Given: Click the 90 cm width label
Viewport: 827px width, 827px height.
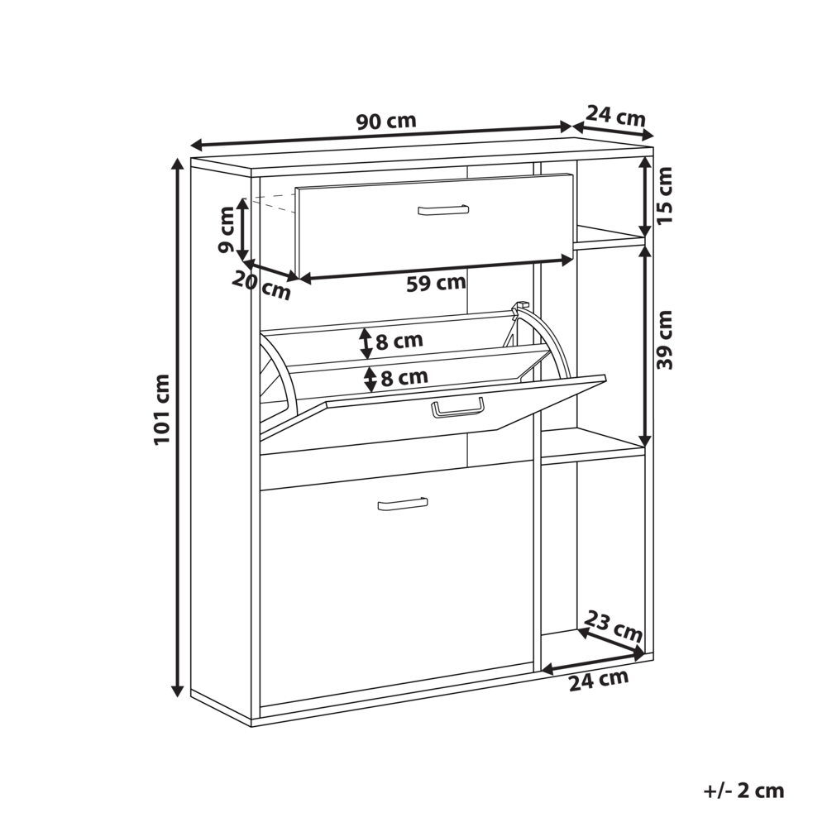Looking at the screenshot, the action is click(x=386, y=122).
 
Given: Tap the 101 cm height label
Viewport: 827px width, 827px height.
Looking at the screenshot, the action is click(x=162, y=409).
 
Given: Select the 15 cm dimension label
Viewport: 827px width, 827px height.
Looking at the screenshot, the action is click(x=665, y=195).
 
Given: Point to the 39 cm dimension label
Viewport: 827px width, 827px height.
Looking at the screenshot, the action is click(x=665, y=340).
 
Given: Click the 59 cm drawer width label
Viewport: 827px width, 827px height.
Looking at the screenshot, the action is click(x=436, y=283).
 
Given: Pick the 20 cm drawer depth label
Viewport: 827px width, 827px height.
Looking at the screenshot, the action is click(x=261, y=285).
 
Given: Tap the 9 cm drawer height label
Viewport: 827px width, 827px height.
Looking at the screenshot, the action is click(x=226, y=229).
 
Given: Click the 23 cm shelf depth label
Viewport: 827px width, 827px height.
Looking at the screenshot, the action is click(x=614, y=625).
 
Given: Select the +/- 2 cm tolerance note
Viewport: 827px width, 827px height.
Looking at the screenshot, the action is click(x=744, y=791).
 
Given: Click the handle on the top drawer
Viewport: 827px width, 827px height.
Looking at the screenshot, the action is click(x=443, y=210).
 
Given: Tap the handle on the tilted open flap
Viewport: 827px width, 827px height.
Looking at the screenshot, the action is click(x=457, y=407).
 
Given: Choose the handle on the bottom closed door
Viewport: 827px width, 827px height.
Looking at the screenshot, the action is click(x=403, y=504).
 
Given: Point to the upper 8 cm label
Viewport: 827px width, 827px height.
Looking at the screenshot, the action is click(x=399, y=341).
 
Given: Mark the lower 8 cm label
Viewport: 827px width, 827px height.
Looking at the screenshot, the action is click(x=404, y=377).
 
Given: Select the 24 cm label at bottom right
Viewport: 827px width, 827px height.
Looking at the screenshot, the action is click(x=599, y=681).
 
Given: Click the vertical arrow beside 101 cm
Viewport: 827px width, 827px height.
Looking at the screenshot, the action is click(x=179, y=428).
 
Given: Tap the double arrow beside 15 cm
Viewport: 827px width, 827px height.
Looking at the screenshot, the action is click(x=644, y=197).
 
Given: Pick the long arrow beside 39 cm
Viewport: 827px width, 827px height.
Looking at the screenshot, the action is click(x=644, y=347).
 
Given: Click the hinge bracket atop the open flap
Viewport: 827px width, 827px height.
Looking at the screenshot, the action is click(x=519, y=307).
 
